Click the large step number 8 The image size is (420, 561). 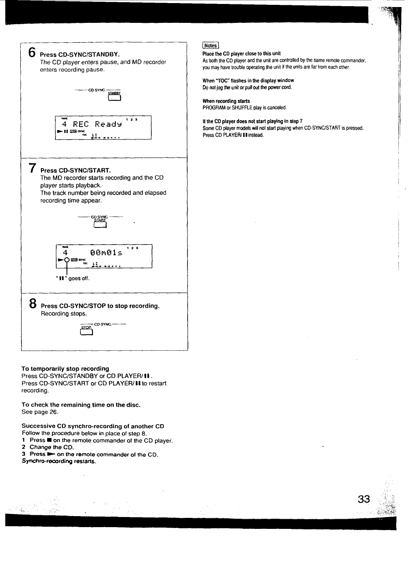click(x=33, y=304)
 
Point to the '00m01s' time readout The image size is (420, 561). click(x=105, y=253)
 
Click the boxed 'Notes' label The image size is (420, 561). click(x=210, y=45)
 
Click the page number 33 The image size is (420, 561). click(x=364, y=499)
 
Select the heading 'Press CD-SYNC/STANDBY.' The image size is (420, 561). click(x=80, y=55)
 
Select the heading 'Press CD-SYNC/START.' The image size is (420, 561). click(x=76, y=170)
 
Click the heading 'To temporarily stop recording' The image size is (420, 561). click(x=65, y=369)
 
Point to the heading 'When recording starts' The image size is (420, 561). click(x=226, y=101)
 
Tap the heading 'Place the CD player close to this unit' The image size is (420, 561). click(x=241, y=54)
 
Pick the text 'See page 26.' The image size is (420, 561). click(x=40, y=412)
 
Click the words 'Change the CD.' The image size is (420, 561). click(x=52, y=447)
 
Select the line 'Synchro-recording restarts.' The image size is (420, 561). click(x=59, y=462)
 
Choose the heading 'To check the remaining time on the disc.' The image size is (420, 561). click(x=81, y=405)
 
